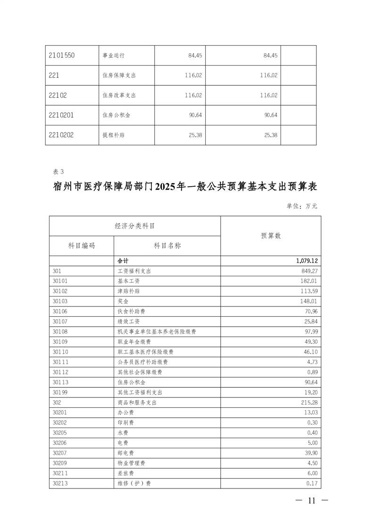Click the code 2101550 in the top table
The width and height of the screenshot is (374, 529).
point(61,55)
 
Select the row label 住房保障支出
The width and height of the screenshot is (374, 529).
point(119,75)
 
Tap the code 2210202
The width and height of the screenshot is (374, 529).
point(61,135)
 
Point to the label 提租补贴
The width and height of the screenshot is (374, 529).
point(114,135)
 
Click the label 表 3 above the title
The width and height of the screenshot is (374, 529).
point(58,171)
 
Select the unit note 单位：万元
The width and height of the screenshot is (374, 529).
point(302,206)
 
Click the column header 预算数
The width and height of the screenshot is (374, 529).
point(271,236)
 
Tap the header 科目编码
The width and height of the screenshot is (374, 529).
point(82,246)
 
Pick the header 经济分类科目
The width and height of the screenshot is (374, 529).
point(135,226)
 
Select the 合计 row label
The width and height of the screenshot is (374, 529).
point(123,261)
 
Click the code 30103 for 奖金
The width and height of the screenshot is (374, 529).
point(60,301)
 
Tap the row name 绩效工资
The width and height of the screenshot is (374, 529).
point(128,322)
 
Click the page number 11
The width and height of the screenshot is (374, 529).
point(311,501)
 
